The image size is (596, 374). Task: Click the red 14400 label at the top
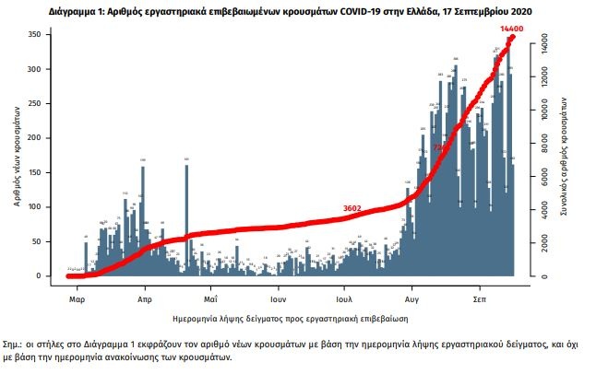pyautogui.click(x=511, y=30)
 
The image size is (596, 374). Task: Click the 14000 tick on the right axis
pyautogui.click(x=543, y=44)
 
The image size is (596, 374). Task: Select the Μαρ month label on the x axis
pyautogui.click(x=77, y=300)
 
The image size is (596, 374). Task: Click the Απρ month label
pyautogui.click(x=144, y=300)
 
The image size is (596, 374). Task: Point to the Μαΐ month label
pyautogui.click(x=210, y=300)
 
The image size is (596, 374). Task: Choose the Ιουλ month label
pyautogui.click(x=344, y=300)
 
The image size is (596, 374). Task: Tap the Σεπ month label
pyautogui.click(x=480, y=300)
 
